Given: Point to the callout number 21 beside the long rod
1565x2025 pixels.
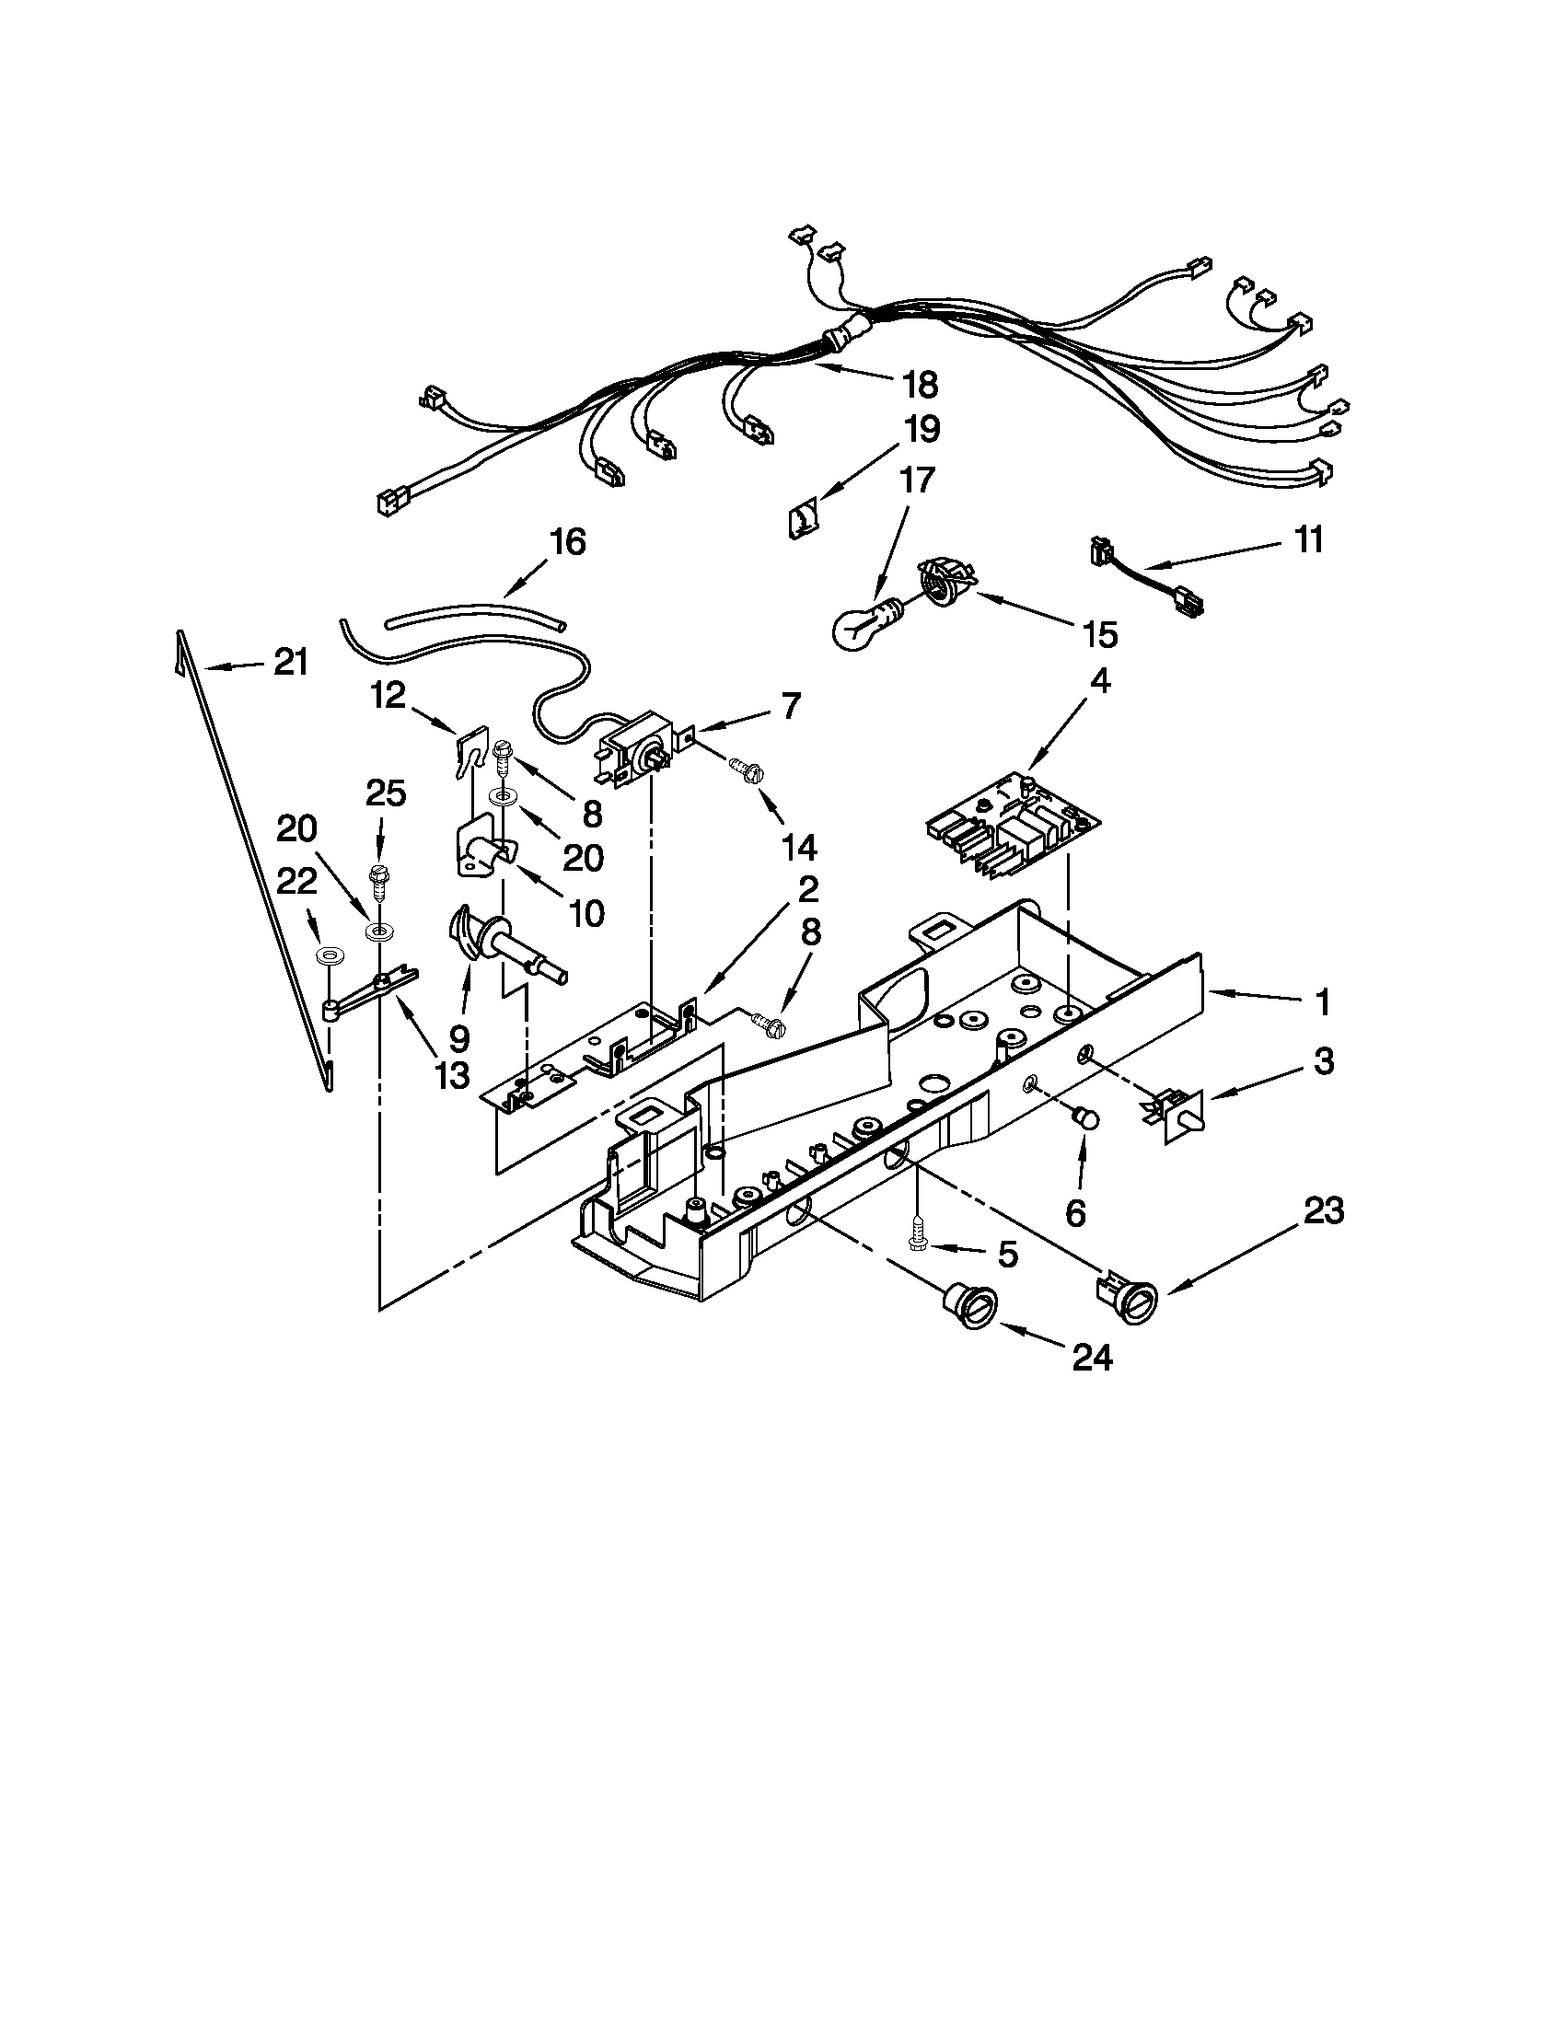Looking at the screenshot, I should [290, 662].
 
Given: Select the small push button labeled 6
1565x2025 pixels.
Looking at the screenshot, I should [1085, 1119].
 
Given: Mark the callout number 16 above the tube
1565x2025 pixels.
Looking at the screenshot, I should [567, 541].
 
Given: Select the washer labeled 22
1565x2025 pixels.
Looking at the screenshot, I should [328, 955].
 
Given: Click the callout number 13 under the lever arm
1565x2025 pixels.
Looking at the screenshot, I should [450, 1073].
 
